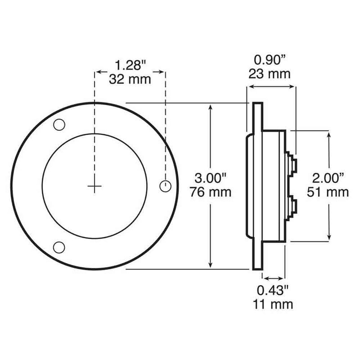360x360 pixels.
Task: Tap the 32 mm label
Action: point(130,79)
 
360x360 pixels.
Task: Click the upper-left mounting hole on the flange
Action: point(59,125)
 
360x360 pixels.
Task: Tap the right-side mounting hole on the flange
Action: point(165,184)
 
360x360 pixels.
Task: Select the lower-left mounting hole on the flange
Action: point(58,246)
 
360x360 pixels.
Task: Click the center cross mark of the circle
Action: point(94,187)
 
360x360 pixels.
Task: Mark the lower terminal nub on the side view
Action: point(293,208)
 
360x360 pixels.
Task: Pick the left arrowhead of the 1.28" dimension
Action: point(98,72)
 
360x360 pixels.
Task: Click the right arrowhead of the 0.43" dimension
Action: point(283,278)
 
